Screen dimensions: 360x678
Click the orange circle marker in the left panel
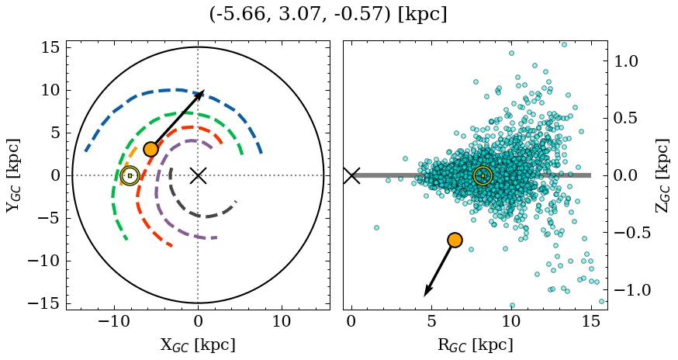[x=150, y=149]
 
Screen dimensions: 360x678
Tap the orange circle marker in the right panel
[x=455, y=240]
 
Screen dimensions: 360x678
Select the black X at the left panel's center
[x=198, y=175]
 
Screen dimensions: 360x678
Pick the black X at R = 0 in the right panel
[x=351, y=175]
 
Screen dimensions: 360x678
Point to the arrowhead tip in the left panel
[x=204, y=90]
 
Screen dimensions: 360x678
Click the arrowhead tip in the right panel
[x=424, y=296]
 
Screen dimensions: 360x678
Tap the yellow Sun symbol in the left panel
[x=130, y=176]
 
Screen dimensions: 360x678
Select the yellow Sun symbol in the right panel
[x=483, y=176]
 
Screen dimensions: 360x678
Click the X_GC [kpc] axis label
[x=198, y=344]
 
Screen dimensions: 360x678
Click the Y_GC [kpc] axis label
[x=13, y=175]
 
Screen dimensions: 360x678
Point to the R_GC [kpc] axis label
[x=476, y=344]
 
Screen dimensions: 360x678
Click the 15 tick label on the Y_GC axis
[x=50, y=47]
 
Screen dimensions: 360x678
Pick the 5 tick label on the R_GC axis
[x=431, y=322]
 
